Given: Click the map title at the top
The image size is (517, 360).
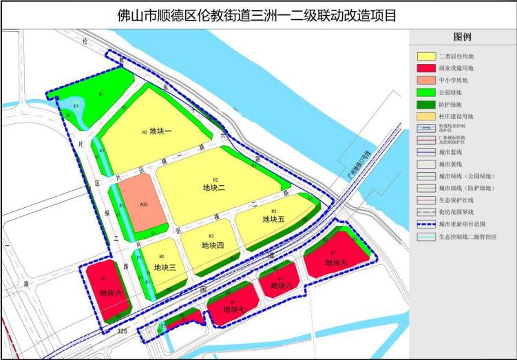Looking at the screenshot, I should pos(258,14).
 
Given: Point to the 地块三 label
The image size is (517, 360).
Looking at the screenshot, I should pos(166,267).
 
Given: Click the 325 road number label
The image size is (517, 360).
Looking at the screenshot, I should pos(123,332).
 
